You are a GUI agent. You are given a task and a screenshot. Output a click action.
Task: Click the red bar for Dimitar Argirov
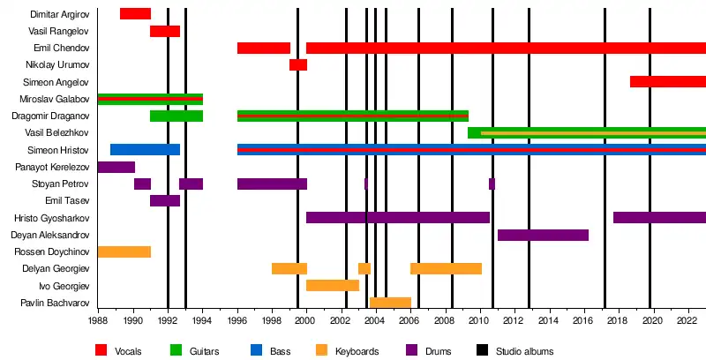(135, 14)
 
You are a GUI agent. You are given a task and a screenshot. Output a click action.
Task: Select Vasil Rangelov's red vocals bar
(165, 32)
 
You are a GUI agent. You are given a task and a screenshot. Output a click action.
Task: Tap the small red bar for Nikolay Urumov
(298, 65)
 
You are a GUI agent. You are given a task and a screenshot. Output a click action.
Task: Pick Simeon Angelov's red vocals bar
(668, 82)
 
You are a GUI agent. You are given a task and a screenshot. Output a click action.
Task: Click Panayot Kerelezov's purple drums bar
(116, 168)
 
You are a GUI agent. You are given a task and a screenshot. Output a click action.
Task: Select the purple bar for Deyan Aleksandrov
(543, 236)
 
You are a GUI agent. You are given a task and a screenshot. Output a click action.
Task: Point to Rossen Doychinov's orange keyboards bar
(124, 252)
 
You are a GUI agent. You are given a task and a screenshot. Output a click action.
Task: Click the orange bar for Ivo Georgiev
(333, 286)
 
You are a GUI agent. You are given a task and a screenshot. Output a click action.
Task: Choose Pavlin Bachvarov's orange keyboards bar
(390, 304)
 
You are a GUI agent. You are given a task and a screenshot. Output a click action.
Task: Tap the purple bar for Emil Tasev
(165, 201)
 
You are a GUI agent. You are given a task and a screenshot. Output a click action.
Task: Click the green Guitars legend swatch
(177, 351)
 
